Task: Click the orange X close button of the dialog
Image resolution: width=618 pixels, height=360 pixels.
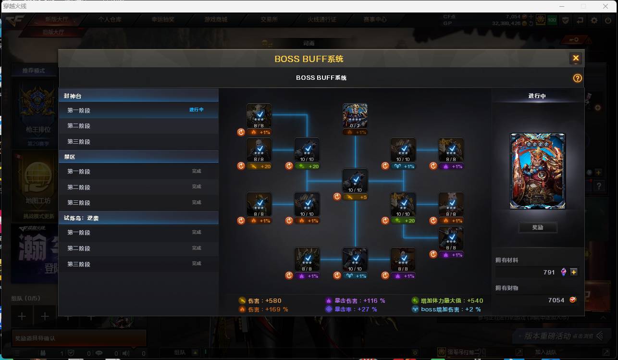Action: click(x=576, y=59)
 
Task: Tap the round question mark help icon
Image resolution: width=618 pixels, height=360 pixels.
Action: click(x=578, y=78)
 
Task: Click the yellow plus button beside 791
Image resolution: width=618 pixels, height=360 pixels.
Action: click(x=574, y=272)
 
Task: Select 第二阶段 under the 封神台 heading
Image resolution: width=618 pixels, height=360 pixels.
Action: click(x=79, y=126)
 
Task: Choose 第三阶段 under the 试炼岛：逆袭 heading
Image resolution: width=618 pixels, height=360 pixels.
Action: click(x=79, y=264)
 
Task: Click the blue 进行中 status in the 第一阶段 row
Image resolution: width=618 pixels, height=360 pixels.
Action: click(x=196, y=110)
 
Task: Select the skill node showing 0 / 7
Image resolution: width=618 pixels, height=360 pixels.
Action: click(x=355, y=116)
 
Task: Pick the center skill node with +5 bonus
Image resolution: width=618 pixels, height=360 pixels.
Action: click(x=355, y=181)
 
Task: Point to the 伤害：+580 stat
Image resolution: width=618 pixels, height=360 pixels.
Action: click(x=260, y=301)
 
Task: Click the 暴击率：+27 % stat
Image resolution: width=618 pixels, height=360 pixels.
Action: click(x=352, y=310)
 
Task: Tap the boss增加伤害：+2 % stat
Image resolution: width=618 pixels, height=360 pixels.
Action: click(x=446, y=310)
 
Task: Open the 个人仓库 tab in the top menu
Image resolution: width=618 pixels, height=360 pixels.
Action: click(x=110, y=20)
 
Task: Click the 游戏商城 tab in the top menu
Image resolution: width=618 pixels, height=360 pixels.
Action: click(x=215, y=20)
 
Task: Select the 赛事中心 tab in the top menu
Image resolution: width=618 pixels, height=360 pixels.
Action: click(x=375, y=20)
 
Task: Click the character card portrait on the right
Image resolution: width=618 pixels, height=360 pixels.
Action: click(x=537, y=171)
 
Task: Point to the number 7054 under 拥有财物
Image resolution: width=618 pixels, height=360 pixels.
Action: click(x=556, y=300)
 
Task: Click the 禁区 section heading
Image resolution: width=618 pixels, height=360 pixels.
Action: click(x=70, y=157)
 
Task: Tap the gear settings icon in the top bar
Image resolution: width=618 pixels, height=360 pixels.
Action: click(x=594, y=20)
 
